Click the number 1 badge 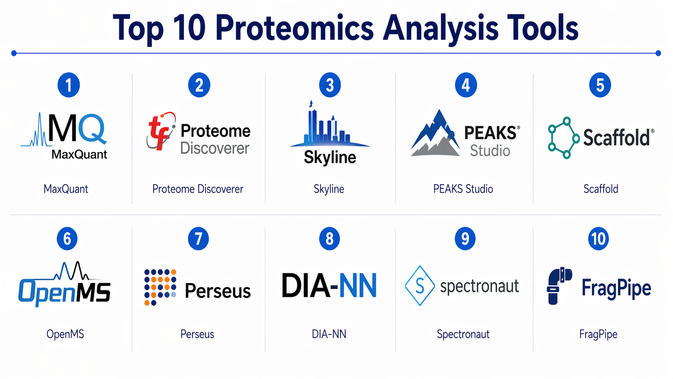[69, 85]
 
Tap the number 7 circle [198, 239]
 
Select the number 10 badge [598, 239]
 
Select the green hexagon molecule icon [564, 138]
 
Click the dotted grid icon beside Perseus [160, 287]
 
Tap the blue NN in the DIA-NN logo [357, 285]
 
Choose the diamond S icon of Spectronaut [420, 286]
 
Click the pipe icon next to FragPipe [559, 286]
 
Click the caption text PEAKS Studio [463, 189]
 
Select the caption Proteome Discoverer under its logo [198, 189]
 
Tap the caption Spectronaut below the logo [463, 334]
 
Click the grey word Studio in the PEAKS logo [490, 151]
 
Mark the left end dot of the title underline [14, 53]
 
